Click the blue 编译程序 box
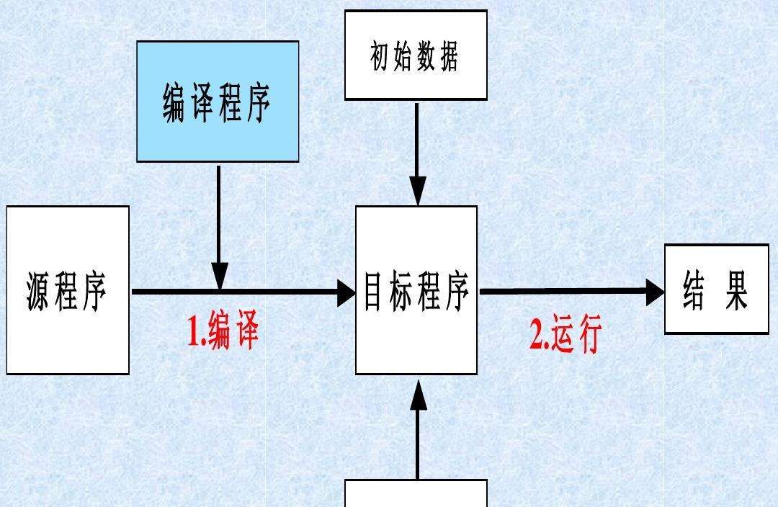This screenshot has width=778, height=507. tap(218, 101)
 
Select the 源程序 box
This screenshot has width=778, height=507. tap(68, 290)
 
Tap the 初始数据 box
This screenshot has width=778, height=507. tap(416, 55)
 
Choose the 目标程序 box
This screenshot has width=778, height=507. tap(416, 290)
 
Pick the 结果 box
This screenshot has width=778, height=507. tap(716, 289)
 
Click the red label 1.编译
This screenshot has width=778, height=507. tap(223, 332)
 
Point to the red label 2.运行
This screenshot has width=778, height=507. tap(565, 336)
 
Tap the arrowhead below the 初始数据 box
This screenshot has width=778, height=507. tap(417, 193)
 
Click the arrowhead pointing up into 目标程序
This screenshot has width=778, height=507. tap(417, 395)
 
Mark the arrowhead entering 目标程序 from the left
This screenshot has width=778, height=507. tap(346, 292)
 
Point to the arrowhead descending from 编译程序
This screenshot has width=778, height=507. tap(219, 277)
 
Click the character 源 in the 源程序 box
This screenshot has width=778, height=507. tap(40, 291)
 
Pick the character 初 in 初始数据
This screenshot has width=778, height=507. tap(380, 56)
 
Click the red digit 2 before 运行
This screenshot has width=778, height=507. tap(537, 336)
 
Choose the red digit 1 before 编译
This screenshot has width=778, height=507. tap(194, 333)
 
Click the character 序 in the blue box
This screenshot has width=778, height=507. tap(257, 103)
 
